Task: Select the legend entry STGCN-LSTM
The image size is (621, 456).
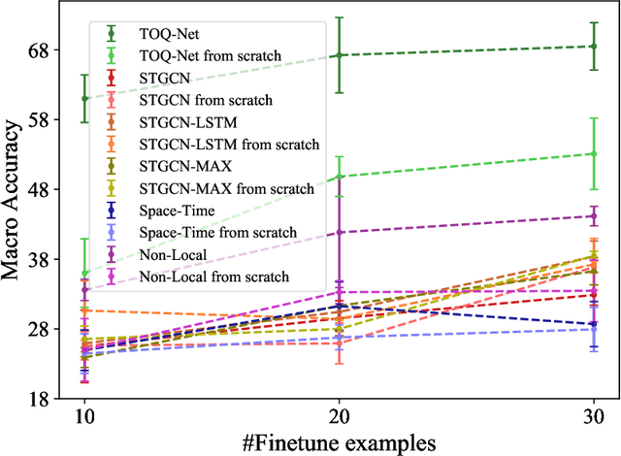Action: (x=188, y=121)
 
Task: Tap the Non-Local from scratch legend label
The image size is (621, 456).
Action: (x=214, y=276)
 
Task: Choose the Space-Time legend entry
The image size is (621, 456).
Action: (x=178, y=210)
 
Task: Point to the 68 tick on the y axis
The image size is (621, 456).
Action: (x=49, y=49)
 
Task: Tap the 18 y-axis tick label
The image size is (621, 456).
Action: (x=49, y=399)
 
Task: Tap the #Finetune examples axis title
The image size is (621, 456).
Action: (x=339, y=441)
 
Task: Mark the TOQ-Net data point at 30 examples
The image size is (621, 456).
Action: (x=594, y=46)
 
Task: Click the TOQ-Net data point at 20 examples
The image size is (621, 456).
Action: (x=339, y=55)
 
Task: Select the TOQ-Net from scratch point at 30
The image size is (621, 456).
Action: (x=594, y=153)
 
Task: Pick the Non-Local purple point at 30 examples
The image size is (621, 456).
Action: (x=594, y=216)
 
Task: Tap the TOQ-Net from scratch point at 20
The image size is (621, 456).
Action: (x=339, y=177)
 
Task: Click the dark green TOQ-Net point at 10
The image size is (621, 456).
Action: (x=84, y=98)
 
